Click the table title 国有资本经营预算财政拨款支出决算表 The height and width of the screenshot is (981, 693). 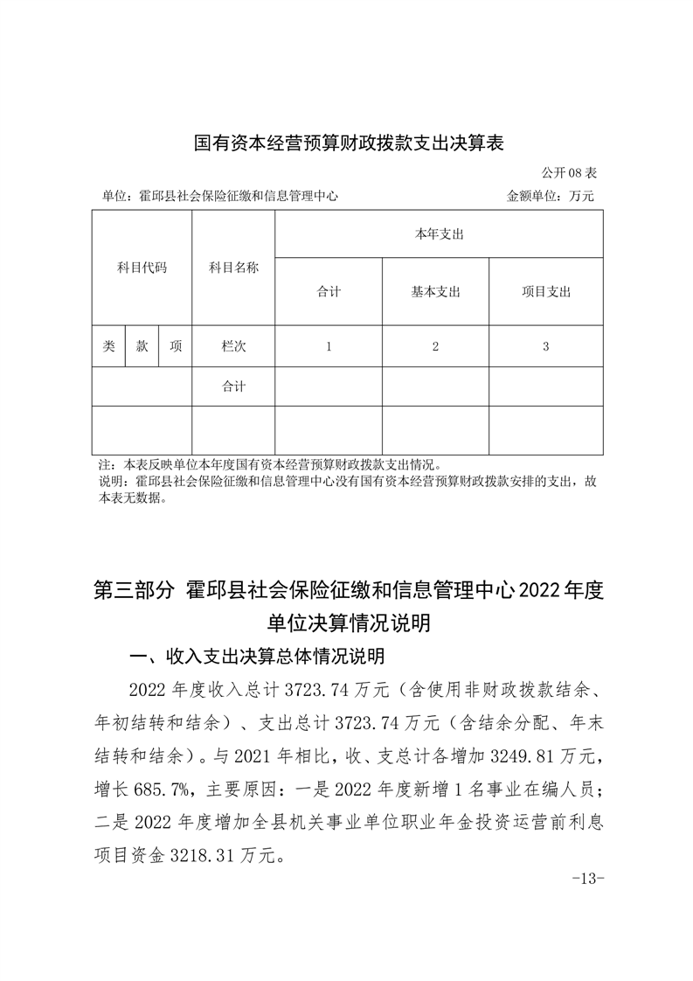[x=350, y=143]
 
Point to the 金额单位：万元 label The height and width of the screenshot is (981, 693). [x=550, y=197]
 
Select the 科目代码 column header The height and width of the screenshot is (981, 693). [x=142, y=268]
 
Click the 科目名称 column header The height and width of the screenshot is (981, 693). [x=233, y=268]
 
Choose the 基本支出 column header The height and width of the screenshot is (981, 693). [x=435, y=292]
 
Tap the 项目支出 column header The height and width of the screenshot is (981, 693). [x=545, y=292]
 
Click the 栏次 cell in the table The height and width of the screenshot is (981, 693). [x=233, y=346]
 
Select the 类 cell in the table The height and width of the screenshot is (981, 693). [x=108, y=346]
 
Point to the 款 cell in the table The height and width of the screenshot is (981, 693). [x=142, y=346]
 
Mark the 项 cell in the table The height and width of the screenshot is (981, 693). [x=175, y=346]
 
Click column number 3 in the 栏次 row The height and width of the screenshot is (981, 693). [x=545, y=346]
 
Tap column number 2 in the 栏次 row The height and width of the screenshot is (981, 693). [x=435, y=346]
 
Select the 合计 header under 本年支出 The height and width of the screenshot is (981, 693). [x=329, y=292]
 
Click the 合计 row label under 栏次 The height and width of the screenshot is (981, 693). [x=233, y=386]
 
